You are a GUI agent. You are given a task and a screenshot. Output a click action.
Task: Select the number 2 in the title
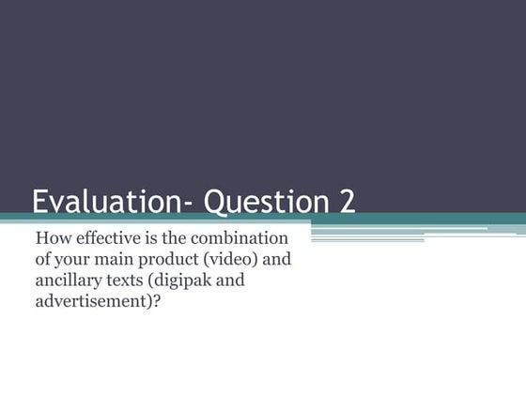pos(346,203)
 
